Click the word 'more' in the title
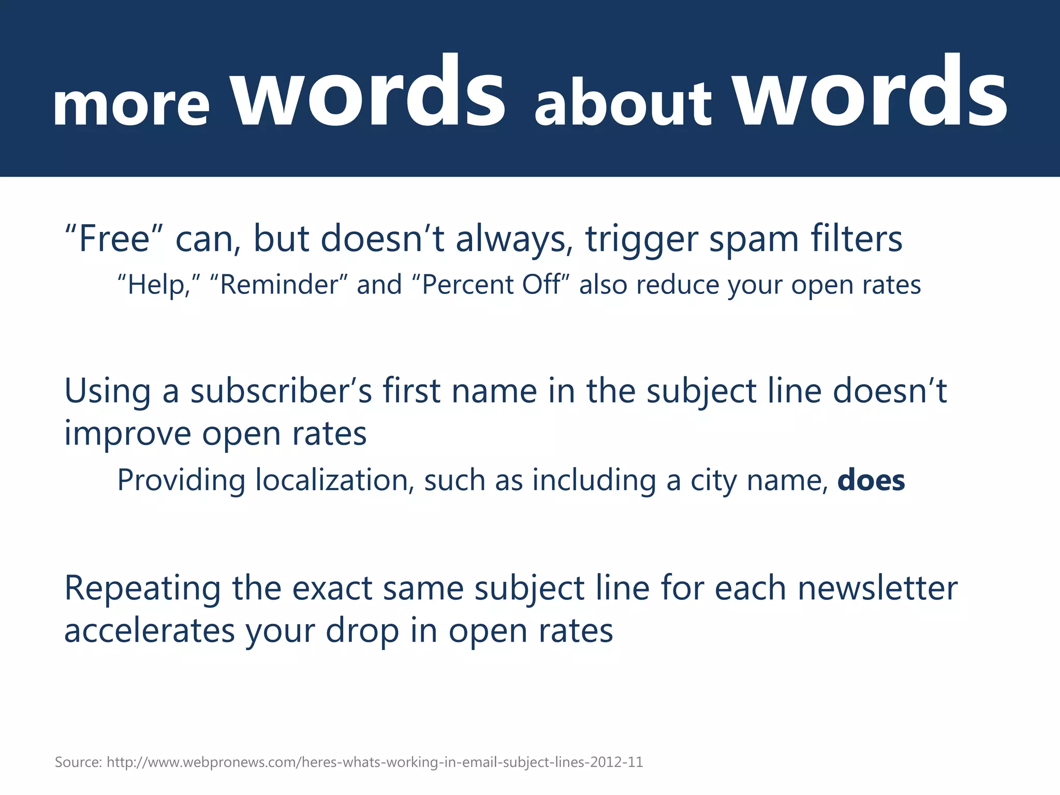click(x=131, y=106)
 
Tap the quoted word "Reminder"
click(x=279, y=285)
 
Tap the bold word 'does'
click(x=871, y=480)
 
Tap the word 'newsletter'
click(x=877, y=588)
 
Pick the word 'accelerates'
click(x=150, y=631)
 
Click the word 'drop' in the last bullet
click(x=362, y=631)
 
